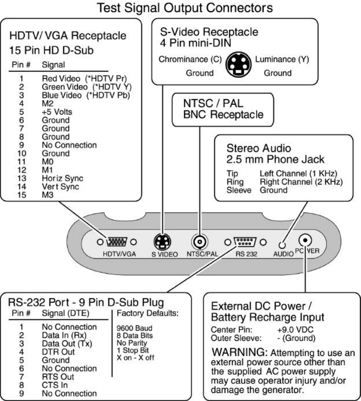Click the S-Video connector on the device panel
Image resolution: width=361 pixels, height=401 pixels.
coord(159,243)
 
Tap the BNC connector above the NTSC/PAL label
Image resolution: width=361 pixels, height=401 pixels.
coord(199,242)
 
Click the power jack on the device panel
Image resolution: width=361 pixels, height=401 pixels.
coord(305,241)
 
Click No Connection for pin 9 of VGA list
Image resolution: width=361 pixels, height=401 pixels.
coord(69,145)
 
